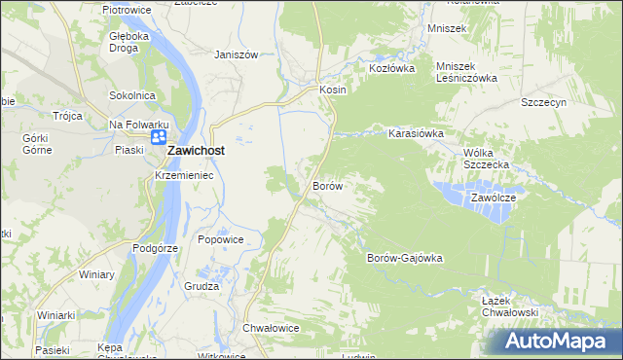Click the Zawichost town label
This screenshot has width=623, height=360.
tap(204, 152)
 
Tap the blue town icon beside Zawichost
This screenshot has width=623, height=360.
tap(157, 142)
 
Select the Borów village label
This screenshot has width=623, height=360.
tap(327, 185)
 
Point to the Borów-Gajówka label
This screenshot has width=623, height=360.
tap(405, 258)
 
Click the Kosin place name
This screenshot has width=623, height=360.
tap(333, 89)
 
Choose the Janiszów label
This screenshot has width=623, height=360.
tap(236, 54)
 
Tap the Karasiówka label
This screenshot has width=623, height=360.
tap(417, 133)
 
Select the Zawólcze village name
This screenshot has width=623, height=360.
tap(499, 197)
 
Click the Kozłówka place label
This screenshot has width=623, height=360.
tap(391, 69)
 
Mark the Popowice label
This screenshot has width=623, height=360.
tap(220, 239)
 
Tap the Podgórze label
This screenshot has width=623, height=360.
tap(156, 248)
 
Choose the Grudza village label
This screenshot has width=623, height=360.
tap(202, 286)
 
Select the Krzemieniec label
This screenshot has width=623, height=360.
tap(184, 175)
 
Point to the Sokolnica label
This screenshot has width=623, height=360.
tap(133, 95)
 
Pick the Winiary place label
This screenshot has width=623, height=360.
tap(96, 274)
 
